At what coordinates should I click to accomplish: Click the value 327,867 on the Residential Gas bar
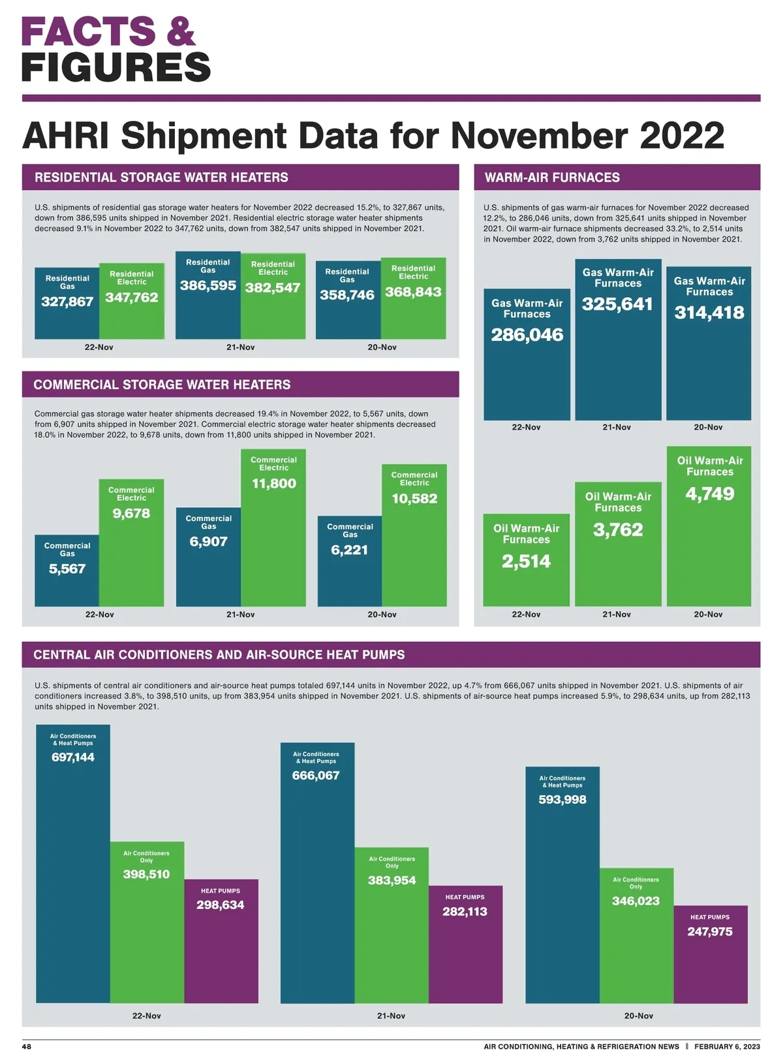pyautogui.click(x=67, y=302)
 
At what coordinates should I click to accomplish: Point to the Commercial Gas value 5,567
pyautogui.click(x=67, y=569)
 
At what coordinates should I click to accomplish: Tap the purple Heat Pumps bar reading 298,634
pyautogui.click(x=221, y=941)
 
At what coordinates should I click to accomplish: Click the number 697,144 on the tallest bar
pyautogui.click(x=73, y=757)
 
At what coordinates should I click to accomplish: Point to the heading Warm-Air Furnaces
pyautogui.click(x=552, y=178)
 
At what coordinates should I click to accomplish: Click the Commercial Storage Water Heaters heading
pyautogui.click(x=162, y=385)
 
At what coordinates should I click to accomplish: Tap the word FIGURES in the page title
pyautogui.click(x=116, y=67)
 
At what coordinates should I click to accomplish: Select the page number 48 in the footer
pyautogui.click(x=27, y=1047)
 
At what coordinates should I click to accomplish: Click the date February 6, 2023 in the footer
pyautogui.click(x=727, y=1047)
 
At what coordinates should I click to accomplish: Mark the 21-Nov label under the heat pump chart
pyautogui.click(x=391, y=1016)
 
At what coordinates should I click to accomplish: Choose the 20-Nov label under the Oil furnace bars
pyautogui.click(x=708, y=614)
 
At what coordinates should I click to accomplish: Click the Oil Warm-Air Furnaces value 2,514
pyautogui.click(x=526, y=562)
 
